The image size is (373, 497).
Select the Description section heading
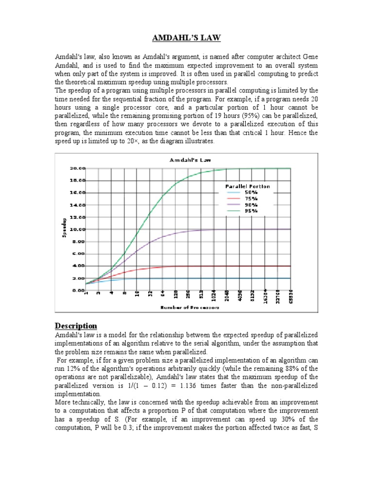click(76, 325)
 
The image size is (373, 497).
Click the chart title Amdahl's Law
click(186, 160)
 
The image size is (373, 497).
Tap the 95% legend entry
click(252, 211)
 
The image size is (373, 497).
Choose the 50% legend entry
click(252, 193)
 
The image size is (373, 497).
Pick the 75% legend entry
click(252, 199)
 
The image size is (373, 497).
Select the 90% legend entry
click(252, 205)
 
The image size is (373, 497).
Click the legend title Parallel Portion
click(247, 186)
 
